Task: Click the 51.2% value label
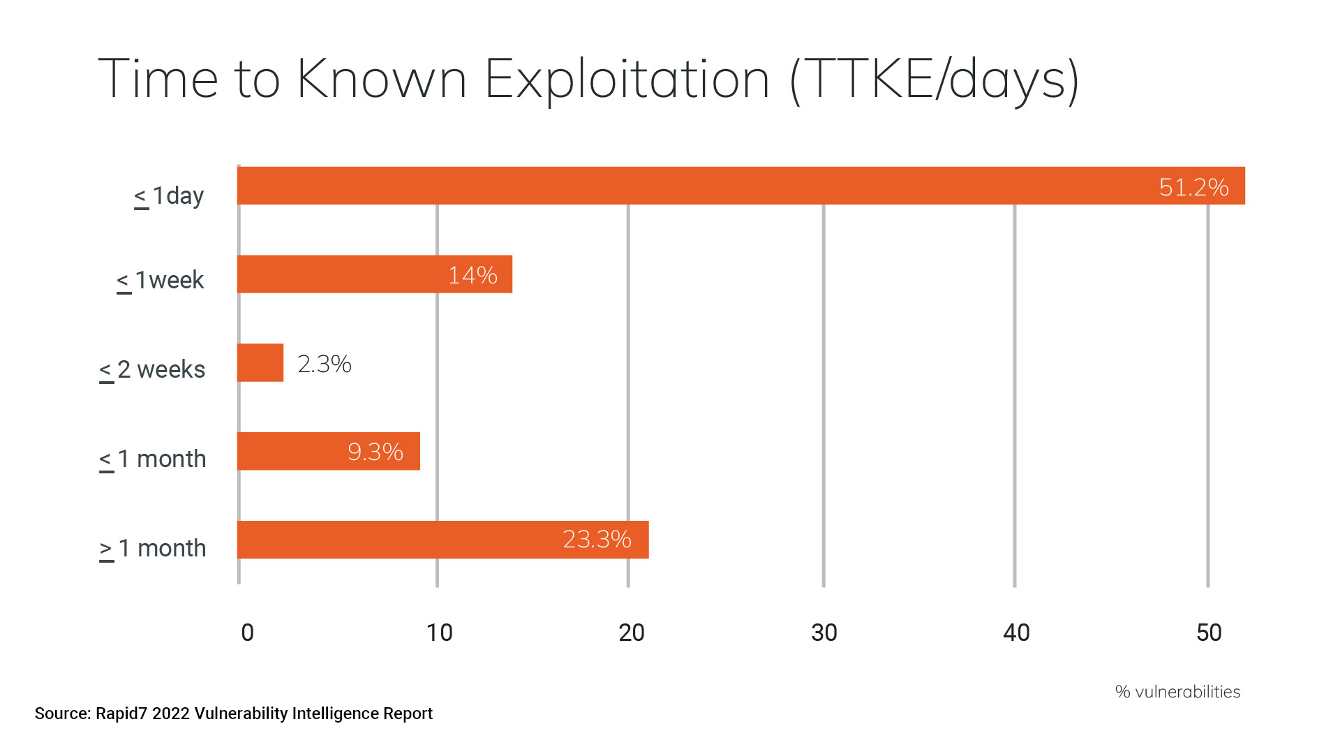pyautogui.click(x=1193, y=187)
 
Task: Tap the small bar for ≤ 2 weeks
pyautogui.click(x=260, y=363)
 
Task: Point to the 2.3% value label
pyautogui.click(x=325, y=364)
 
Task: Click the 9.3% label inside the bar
pyautogui.click(x=375, y=452)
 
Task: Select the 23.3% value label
pyautogui.click(x=597, y=540)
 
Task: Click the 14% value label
pyautogui.click(x=472, y=275)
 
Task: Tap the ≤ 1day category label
pyautogui.click(x=169, y=196)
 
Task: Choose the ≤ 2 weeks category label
pyautogui.click(x=152, y=369)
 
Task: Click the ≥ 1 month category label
pyautogui.click(x=152, y=549)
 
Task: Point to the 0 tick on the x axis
pyautogui.click(x=247, y=633)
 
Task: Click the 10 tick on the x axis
pyautogui.click(x=439, y=633)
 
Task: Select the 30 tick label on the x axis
pyautogui.click(x=824, y=633)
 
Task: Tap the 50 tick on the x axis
pyautogui.click(x=1209, y=633)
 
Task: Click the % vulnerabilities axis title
pyautogui.click(x=1177, y=692)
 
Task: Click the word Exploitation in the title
pyautogui.click(x=627, y=79)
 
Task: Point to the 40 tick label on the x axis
pyautogui.click(x=1016, y=633)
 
